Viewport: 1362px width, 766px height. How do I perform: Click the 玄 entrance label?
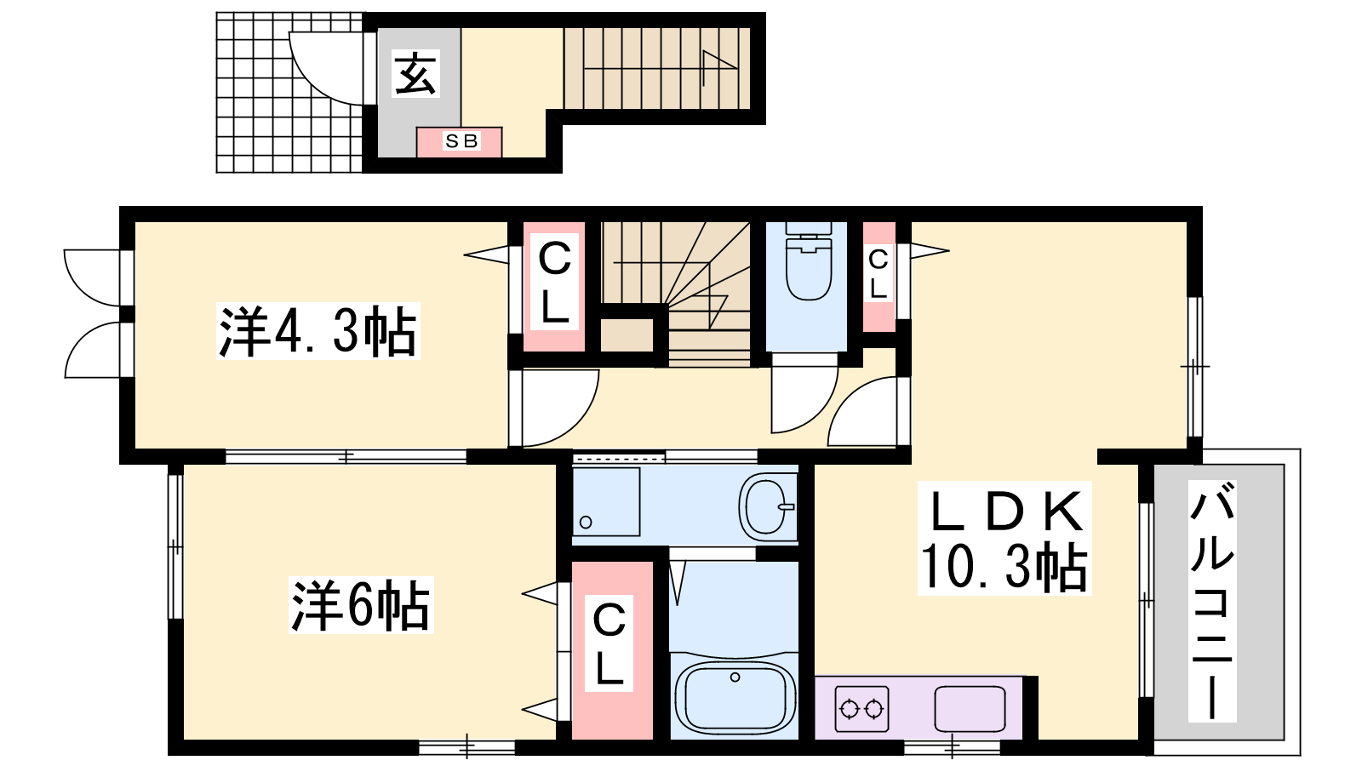(416, 74)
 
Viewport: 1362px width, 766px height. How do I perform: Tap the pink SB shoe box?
(459, 142)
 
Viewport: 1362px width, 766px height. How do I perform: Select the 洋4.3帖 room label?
(318, 331)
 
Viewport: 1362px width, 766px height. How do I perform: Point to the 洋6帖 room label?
(361, 605)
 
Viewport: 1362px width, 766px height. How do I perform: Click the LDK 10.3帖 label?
(1004, 538)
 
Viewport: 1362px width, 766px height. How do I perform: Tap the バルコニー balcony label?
(1212, 601)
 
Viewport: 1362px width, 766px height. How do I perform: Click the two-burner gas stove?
(861, 709)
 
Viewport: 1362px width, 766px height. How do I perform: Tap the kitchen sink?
(970, 709)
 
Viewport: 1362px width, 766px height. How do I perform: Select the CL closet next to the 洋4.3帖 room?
(554, 286)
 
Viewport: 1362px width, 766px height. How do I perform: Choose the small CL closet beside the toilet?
(878, 277)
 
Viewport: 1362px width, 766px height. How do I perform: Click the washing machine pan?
(606, 501)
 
